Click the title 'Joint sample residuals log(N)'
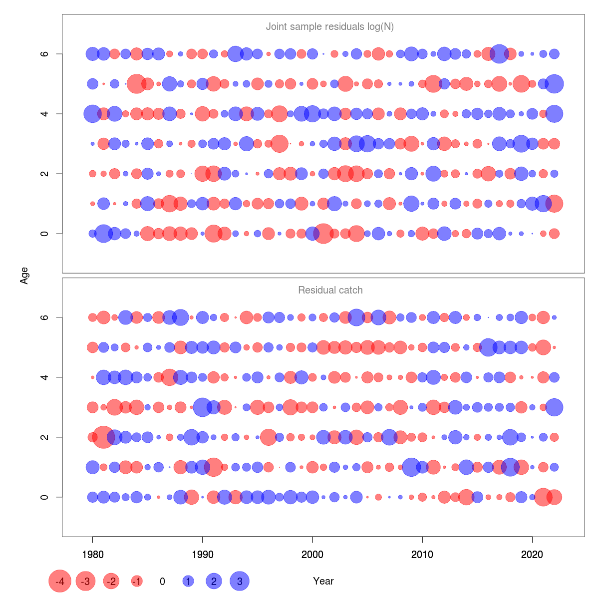330,26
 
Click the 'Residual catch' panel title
330,290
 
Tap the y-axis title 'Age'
24,276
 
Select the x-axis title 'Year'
323,581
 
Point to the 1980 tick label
92,554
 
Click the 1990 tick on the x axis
202,554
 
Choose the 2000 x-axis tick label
312,554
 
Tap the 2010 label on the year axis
422,554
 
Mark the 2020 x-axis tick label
532,554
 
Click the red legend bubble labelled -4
60,581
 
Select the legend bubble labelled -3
86,581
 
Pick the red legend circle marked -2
111,581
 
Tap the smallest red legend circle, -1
137,581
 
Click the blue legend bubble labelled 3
240,581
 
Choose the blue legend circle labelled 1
188,581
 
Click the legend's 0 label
162,581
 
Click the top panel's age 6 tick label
44,54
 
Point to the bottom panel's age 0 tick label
44,497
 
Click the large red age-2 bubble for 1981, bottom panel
103,437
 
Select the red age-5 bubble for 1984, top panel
136,84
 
